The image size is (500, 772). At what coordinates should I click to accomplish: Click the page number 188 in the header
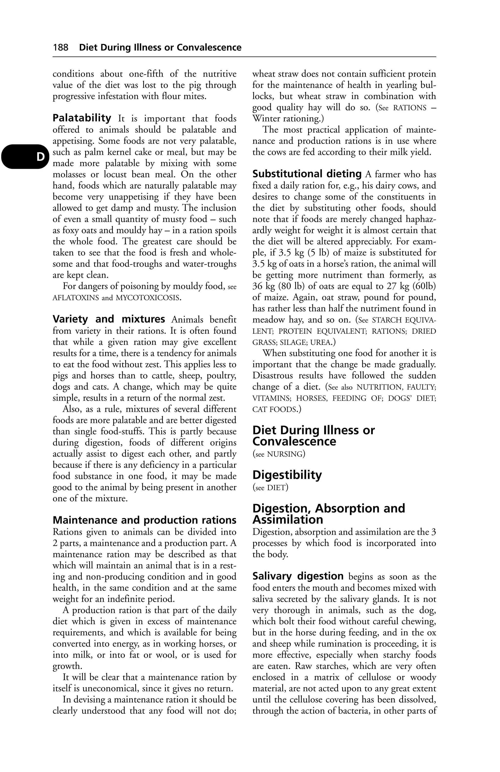(61, 48)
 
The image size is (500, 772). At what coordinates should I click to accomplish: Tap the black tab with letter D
(25, 157)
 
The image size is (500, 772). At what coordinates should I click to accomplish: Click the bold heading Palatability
(82, 118)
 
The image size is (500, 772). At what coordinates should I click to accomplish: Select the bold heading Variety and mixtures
(109, 319)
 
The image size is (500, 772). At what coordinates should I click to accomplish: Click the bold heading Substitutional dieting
(307, 174)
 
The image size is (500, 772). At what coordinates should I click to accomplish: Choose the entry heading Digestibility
(287, 475)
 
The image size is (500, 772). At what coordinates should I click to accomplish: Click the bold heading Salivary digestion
(298, 576)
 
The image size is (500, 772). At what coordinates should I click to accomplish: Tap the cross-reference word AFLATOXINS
(76, 298)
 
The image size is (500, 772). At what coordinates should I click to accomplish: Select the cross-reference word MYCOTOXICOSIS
(147, 298)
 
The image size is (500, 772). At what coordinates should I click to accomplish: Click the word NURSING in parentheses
(284, 454)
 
